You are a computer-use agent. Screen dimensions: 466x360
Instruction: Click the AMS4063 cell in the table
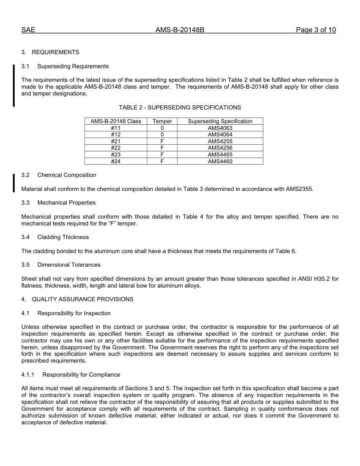click(220, 128)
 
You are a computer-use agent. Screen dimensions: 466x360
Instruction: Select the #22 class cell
click(116, 148)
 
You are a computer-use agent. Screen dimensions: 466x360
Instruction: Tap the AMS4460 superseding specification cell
click(220, 161)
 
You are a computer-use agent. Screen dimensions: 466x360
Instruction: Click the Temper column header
click(162, 121)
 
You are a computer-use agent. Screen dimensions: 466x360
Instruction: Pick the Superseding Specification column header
click(220, 121)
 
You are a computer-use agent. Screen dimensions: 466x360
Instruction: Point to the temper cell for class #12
click(162, 134)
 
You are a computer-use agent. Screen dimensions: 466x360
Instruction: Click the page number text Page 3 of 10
click(316, 30)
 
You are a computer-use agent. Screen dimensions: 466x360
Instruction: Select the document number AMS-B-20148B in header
click(180, 30)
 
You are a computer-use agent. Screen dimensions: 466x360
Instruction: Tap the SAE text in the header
click(28, 30)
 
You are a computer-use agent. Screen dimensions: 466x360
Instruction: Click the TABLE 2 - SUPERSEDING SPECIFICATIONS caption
click(180, 108)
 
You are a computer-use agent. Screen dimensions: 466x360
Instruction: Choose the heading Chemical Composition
click(67, 175)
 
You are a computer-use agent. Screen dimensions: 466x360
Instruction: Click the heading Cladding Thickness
click(63, 237)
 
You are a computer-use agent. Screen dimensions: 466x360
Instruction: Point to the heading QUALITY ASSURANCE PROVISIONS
click(82, 299)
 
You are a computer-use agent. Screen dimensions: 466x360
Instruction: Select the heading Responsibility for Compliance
click(81, 375)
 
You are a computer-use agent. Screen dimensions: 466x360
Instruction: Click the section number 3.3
click(25, 203)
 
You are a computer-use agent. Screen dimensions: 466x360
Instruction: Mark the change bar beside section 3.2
click(14, 183)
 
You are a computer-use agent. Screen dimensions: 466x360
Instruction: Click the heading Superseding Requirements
click(73, 66)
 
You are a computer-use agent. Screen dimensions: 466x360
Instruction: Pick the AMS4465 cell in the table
click(220, 155)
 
